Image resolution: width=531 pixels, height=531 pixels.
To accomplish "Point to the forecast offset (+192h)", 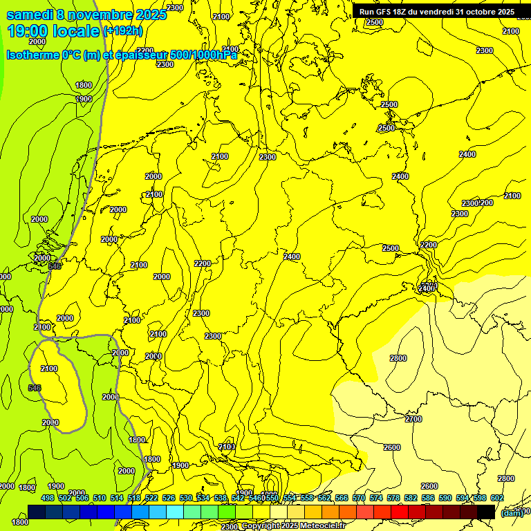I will click(122, 31).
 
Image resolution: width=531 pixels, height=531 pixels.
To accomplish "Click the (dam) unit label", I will click(512, 512).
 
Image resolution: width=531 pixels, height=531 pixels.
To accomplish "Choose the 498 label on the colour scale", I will click(48, 498).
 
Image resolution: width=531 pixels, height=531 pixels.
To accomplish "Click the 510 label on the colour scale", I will click(100, 498).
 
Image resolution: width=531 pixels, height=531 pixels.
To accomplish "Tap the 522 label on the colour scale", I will click(151, 498).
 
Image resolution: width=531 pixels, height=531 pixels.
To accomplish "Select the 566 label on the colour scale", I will click(342, 498).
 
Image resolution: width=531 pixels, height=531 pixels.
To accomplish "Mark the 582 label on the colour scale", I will click(411, 498).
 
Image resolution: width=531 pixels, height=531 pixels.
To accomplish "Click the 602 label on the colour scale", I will click(497, 498).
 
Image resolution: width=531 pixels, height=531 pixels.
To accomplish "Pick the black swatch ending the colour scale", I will click(486, 512).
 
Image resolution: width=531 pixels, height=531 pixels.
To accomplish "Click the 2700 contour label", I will click(413, 419).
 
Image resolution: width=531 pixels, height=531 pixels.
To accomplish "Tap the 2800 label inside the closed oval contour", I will click(398, 358).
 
